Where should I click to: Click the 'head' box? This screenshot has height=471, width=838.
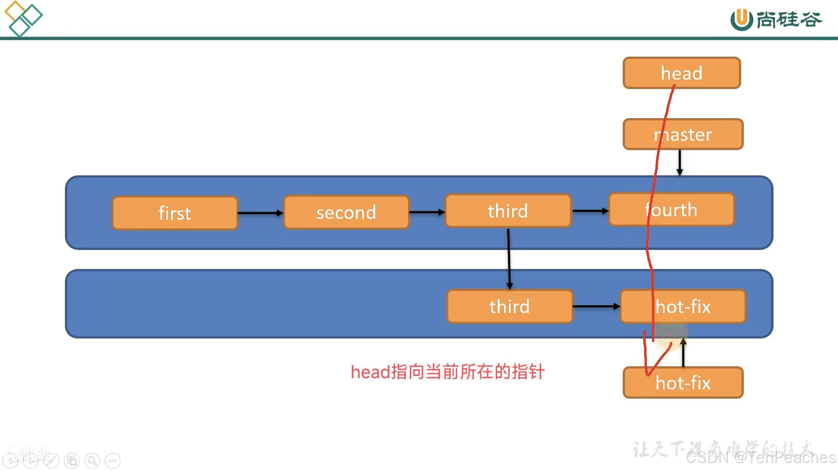tap(682, 73)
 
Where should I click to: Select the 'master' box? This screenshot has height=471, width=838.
tap(683, 134)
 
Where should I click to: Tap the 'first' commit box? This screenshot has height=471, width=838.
tap(174, 213)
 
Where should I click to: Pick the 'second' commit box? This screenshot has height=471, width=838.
tap(346, 212)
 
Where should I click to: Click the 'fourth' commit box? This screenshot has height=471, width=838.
tap(671, 210)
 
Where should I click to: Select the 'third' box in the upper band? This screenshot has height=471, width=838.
tap(508, 211)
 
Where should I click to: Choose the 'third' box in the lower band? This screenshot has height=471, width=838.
tap(509, 306)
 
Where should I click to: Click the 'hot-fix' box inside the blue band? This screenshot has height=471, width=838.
tap(683, 306)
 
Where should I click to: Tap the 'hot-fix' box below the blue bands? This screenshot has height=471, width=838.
tap(683, 383)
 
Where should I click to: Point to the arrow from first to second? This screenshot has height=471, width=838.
tap(260, 213)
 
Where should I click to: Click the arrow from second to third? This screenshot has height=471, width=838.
tap(427, 212)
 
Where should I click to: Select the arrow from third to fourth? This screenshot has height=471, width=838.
tap(590, 211)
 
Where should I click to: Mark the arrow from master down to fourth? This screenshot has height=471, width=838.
tap(680, 163)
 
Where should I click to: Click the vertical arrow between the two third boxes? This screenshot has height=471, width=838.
tap(509, 258)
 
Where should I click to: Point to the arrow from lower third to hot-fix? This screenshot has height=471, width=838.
tap(596, 306)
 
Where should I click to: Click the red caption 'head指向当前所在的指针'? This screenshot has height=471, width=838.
tap(447, 372)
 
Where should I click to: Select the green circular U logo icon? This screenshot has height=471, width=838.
tap(741, 20)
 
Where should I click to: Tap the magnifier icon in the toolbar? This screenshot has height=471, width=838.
tap(92, 461)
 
